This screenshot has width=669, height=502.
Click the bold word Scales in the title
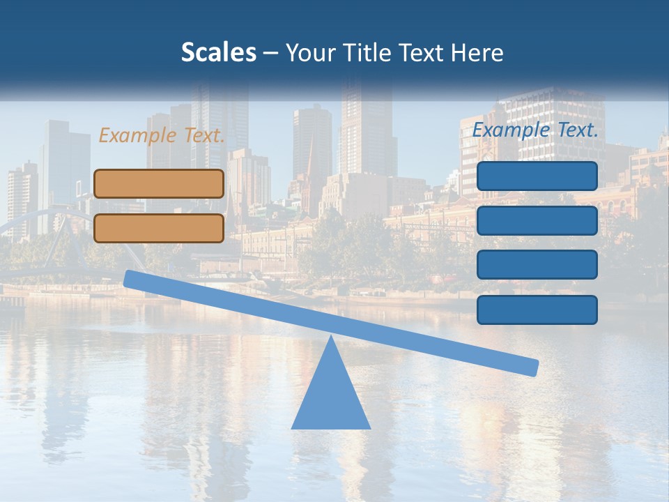click(218, 52)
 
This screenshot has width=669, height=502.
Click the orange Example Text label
click(162, 135)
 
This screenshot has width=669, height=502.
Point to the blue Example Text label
click(535, 130)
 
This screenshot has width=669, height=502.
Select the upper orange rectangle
click(159, 183)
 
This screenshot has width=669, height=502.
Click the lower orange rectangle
click(159, 228)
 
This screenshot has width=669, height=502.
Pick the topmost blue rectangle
click(537, 176)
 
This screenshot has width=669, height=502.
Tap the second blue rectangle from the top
click(537, 220)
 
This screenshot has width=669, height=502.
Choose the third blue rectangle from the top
click(537, 265)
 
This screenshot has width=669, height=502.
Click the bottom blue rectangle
click(537, 310)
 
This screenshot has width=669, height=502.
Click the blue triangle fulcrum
click(330, 397)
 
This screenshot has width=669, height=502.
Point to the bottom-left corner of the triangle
click(292, 428)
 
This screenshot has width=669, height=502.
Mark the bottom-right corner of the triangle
click(369, 428)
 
